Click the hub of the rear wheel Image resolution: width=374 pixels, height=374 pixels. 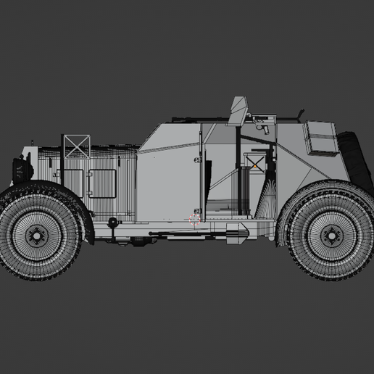click(331, 234)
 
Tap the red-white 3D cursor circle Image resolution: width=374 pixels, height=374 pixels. click(194, 220)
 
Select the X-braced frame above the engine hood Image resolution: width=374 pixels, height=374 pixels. click(76, 146)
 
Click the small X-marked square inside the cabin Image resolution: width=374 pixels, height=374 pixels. click(255, 162)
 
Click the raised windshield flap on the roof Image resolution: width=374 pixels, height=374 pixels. click(237, 111)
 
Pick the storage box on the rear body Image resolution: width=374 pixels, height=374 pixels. click(318, 138)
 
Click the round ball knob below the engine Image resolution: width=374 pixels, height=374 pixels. click(112, 220)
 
